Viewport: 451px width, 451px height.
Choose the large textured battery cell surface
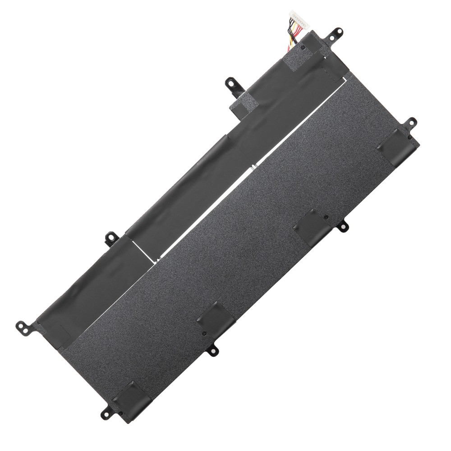coord(253,235)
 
